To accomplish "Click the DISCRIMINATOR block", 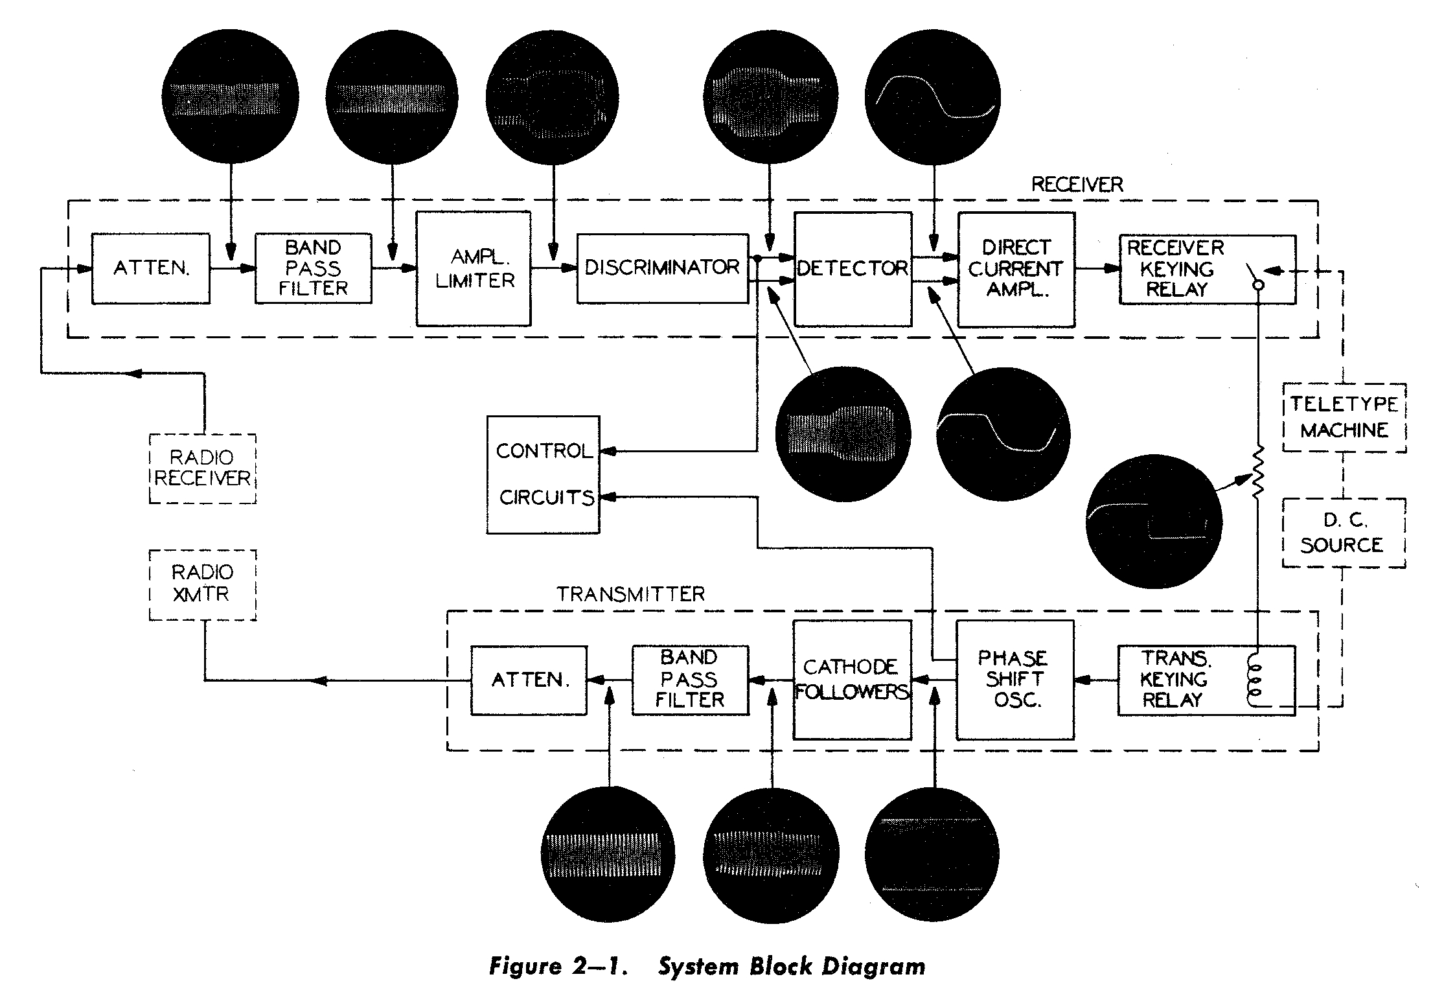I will [662, 268].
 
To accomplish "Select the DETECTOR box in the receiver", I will [853, 269].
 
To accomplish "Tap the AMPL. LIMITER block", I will [474, 269].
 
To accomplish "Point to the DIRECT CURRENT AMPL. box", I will [1016, 269].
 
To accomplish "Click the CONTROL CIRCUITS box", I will [543, 474].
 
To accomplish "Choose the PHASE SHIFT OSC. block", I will [1014, 680].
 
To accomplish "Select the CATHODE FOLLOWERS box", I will [852, 680].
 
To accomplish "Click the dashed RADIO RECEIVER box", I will [202, 468].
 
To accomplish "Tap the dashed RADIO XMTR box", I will [202, 584].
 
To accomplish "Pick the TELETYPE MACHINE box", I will [1344, 417].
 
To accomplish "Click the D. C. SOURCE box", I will [1344, 533].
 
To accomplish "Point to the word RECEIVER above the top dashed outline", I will [1077, 185].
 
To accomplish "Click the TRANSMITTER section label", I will [630, 594].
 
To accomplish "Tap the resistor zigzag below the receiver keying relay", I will [1257, 471].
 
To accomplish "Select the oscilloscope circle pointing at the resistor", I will [1154, 521].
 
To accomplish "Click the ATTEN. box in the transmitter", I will [529, 680].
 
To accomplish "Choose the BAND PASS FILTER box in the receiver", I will [313, 268].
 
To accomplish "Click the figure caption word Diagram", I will [873, 966].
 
